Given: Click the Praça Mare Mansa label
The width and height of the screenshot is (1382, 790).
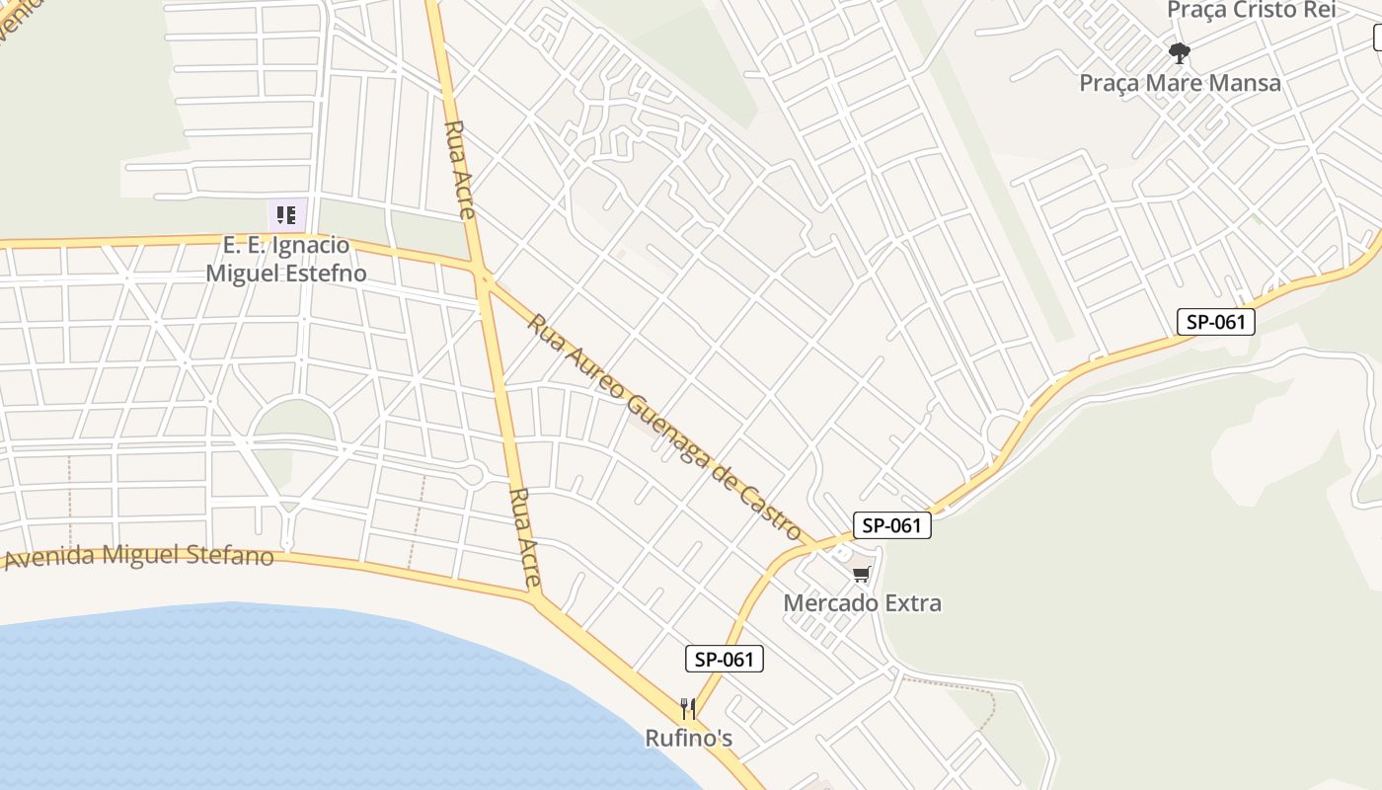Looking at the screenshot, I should coord(1180,83).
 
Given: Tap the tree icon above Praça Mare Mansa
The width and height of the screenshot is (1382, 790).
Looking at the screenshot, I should coord(1179,52).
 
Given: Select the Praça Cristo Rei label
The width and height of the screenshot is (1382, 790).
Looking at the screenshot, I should coord(1251,10).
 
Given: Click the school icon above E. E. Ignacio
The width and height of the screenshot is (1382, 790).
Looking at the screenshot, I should coord(286,215).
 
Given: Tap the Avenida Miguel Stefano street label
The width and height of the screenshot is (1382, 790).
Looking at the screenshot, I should coord(139,555).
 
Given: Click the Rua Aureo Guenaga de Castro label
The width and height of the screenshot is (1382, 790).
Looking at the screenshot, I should coord(664,427).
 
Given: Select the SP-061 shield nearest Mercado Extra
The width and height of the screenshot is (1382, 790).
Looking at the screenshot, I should coord(891,525).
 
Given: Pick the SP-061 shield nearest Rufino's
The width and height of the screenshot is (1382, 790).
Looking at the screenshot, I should coord(725,660).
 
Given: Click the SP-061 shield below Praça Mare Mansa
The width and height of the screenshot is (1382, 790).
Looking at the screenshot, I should coord(1215,322).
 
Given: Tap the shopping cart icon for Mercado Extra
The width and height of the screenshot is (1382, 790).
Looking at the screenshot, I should coord(862,574).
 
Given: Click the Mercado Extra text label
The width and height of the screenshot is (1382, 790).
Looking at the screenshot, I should coord(862,602).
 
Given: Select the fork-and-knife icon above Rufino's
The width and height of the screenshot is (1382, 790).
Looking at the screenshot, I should coord(688,708).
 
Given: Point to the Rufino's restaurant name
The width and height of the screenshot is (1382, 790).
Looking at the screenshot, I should coord(688,738).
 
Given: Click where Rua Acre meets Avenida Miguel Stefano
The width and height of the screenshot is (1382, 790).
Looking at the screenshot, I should coord(534,595).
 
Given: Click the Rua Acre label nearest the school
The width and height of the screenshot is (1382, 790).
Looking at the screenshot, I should coord(460,169).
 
